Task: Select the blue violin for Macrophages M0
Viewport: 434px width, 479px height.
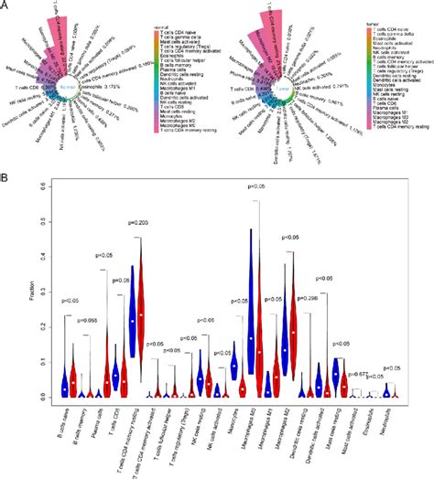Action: click(252, 311)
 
